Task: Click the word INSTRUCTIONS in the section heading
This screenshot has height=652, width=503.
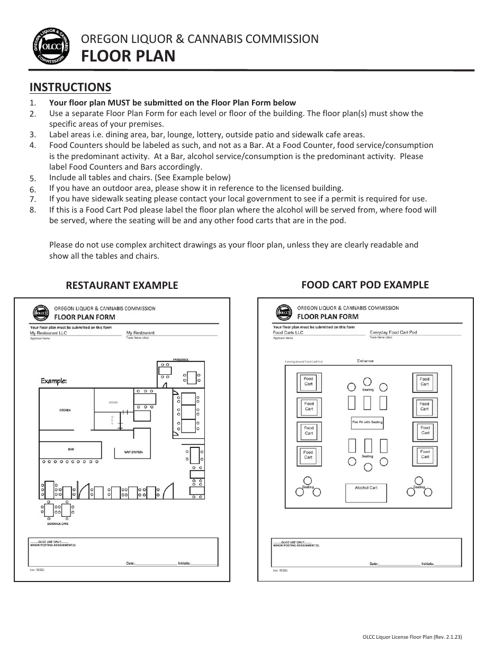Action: point(70,87)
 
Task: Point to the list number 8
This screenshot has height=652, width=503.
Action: point(33,210)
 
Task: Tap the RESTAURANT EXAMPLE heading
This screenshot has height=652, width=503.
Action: point(122,285)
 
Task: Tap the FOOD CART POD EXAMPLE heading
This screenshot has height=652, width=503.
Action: point(365,285)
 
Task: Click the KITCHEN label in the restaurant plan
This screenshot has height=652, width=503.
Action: point(65,410)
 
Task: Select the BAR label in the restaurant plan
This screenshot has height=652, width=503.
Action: point(71,450)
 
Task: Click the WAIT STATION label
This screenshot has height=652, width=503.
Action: point(133,452)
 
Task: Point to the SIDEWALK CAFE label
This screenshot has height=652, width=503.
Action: point(57,524)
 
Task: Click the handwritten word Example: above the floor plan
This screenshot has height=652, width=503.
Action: point(54,381)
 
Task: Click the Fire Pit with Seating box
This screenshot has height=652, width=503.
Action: point(367,422)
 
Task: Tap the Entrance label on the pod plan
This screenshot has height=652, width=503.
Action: point(365,361)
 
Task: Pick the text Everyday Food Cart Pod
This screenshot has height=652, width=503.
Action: point(393,332)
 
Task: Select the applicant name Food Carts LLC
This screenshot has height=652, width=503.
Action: point(288,332)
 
